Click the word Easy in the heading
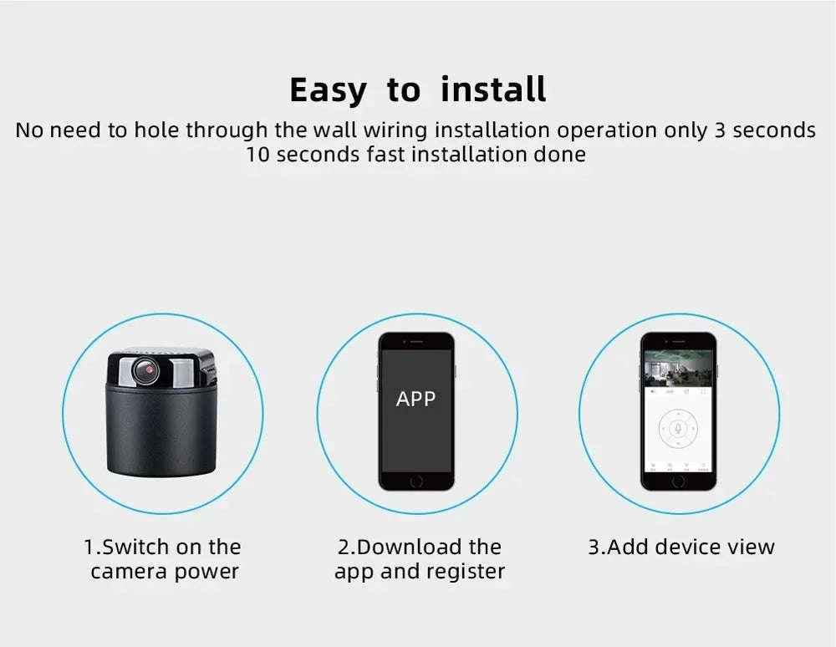point(327,90)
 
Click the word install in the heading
point(493,89)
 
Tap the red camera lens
point(147,368)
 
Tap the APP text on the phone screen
point(415,399)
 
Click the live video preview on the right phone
point(678,368)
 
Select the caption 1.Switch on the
point(162,547)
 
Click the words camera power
point(165,572)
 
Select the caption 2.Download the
point(419,547)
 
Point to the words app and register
point(420,572)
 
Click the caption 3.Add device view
point(681,547)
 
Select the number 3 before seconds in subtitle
point(721,130)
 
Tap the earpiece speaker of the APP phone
point(415,342)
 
